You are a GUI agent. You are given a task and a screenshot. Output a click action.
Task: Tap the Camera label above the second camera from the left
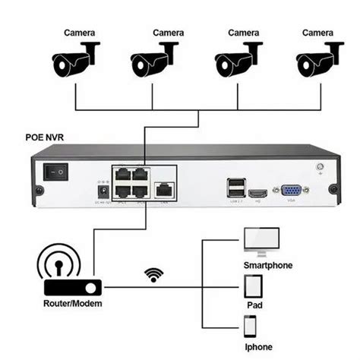click(169, 33)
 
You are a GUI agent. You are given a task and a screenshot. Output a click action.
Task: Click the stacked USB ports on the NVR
click(236, 188)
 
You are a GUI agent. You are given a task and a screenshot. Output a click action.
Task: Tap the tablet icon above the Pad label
click(254, 288)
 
